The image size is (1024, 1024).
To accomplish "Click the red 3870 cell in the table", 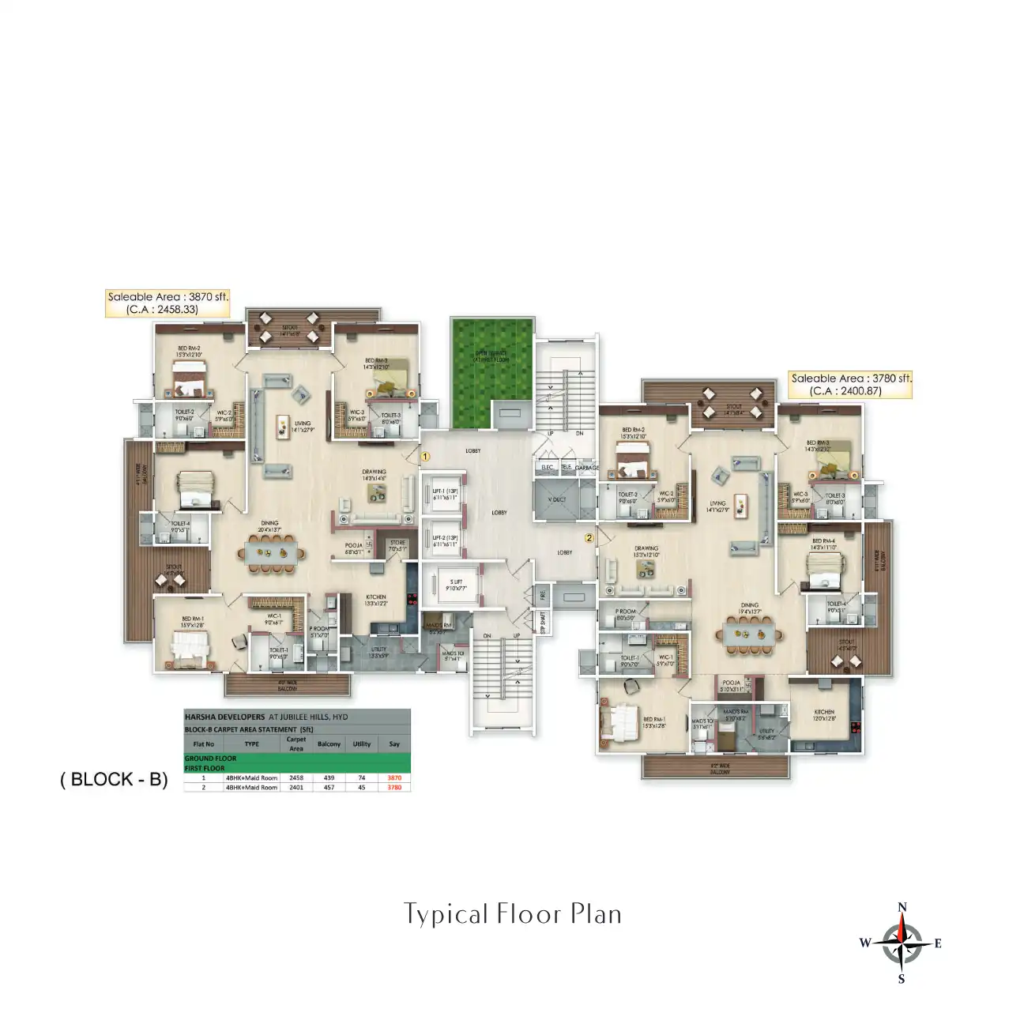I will coord(394,777).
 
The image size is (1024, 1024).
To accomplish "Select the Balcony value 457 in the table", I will coord(329,787).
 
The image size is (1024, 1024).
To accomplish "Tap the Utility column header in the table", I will coord(362,744).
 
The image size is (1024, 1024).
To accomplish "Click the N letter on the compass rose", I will coord(902,907).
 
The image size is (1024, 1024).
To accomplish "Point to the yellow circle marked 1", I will coord(425,456).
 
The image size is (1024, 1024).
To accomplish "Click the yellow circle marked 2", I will coord(589,538).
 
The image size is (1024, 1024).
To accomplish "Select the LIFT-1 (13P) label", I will coord(445,494).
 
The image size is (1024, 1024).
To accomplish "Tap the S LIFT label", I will coord(456,584).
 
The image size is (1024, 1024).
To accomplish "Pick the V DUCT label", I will coord(557,499).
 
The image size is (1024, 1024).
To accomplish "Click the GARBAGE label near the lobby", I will coord(586,468).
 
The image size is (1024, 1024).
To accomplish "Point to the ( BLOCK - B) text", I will coord(114,779).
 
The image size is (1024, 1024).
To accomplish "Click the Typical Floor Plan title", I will coord(513,914).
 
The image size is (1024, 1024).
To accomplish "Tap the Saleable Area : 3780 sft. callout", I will coord(851,384).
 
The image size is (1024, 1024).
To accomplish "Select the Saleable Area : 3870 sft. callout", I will coord(168,303).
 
